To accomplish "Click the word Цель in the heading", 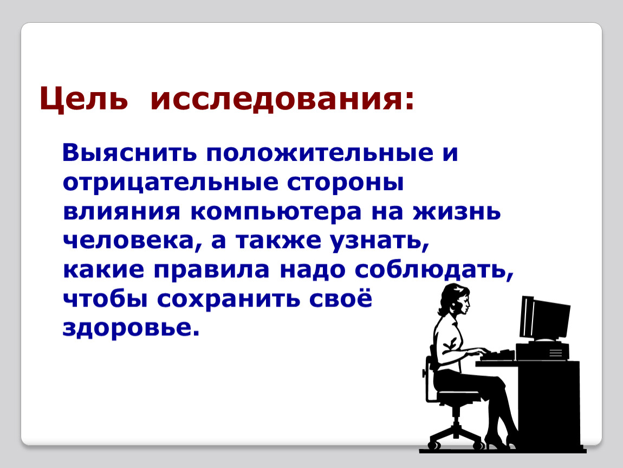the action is tap(83, 99).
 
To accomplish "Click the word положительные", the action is tap(320, 153).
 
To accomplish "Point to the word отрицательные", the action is tap(171, 183).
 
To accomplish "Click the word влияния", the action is tap(121, 212).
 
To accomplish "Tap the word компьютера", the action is tap(276, 212).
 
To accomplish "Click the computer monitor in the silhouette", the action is tap(545, 320).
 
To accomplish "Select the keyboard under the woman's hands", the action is tap(497, 355).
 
